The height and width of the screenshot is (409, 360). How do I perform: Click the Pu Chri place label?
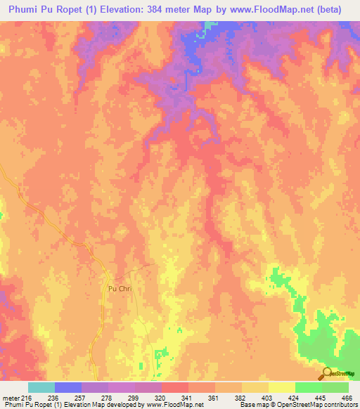[120, 289]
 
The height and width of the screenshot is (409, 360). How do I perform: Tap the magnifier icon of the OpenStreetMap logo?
[326, 374]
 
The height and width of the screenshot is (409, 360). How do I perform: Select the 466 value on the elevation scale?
[346, 397]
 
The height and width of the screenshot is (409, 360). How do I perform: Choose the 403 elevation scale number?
[268, 397]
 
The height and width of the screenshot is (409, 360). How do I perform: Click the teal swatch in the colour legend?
[41, 387]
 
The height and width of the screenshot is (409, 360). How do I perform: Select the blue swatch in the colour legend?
[67, 387]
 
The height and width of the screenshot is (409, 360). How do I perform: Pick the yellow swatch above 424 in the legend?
[281, 387]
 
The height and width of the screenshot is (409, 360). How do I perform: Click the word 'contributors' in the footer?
[340, 405]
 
